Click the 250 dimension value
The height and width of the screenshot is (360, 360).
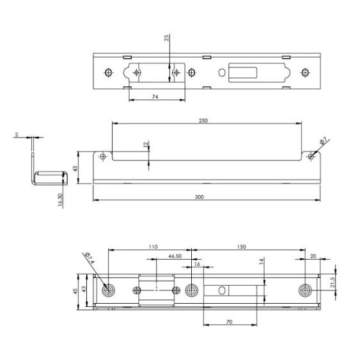click(x=203, y=121)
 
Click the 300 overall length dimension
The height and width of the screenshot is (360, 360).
click(x=200, y=197)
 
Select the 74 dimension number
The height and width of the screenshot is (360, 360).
click(x=155, y=97)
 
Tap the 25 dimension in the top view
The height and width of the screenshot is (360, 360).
click(x=167, y=38)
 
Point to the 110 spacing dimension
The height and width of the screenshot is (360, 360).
click(x=153, y=247)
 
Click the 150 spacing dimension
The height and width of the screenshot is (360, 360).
click(x=241, y=247)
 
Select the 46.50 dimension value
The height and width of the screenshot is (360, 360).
click(x=175, y=256)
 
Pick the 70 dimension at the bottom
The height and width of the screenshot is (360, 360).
click(x=230, y=322)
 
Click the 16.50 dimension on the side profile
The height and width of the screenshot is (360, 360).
click(x=60, y=200)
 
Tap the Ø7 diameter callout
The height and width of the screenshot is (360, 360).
click(x=323, y=141)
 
